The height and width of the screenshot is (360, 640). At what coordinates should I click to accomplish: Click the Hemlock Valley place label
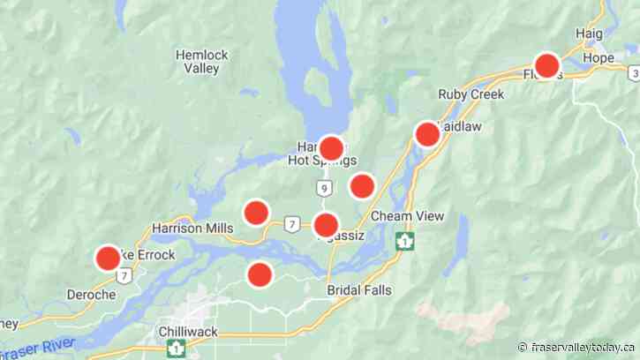pyautogui.click(x=201, y=61)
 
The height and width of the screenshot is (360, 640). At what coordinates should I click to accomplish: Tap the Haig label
pyautogui.click(x=589, y=34)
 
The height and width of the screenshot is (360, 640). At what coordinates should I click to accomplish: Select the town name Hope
pyautogui.click(x=598, y=58)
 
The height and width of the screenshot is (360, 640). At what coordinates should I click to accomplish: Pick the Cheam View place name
pyautogui.click(x=408, y=216)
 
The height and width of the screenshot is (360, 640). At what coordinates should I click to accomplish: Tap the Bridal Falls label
pyautogui.click(x=358, y=290)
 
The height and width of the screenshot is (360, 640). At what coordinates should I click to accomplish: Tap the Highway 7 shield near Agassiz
pyautogui.click(x=292, y=226)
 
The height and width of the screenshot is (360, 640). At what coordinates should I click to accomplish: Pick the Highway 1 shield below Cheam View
pyautogui.click(x=404, y=240)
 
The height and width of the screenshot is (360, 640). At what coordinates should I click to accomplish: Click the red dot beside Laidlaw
pyautogui.click(x=427, y=134)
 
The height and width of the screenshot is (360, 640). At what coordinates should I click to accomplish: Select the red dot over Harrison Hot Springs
pyautogui.click(x=331, y=147)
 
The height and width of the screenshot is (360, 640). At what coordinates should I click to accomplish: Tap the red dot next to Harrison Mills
pyautogui.click(x=256, y=212)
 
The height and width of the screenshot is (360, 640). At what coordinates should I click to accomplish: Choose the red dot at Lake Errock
pyautogui.click(x=108, y=258)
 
